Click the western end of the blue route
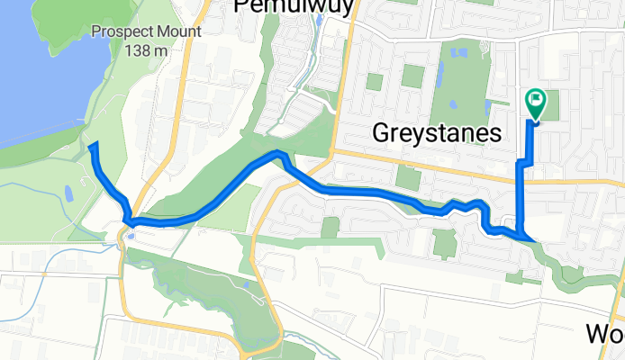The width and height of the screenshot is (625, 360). pos(94,145)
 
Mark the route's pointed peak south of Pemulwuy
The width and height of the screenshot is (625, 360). pos(279,154)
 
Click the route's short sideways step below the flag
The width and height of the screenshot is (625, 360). pos(524,162)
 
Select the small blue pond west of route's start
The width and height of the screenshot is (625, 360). pos(68,192)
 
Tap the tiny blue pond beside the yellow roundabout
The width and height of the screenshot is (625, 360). pos(132,237)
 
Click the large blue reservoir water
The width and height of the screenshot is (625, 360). pos(36,72)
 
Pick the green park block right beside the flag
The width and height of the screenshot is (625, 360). pos(548,103)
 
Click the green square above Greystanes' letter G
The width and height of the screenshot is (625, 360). pos(374,82)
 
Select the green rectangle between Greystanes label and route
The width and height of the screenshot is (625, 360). pos(407,177)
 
